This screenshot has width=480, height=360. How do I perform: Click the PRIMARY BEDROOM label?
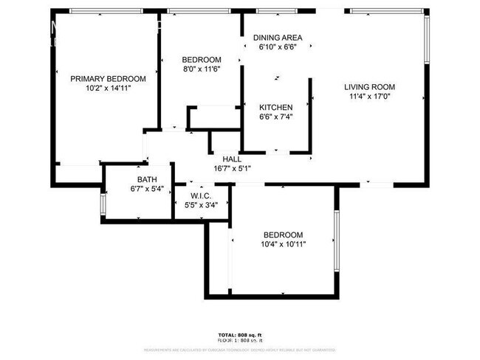[108, 78]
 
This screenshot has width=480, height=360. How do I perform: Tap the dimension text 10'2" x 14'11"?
[108, 88]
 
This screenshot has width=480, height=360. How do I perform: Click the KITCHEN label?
[276, 107]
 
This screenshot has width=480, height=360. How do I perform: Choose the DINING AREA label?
[277, 38]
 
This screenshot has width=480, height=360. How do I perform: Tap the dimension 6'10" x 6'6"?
[277, 47]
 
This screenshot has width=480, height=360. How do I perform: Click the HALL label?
[232, 158]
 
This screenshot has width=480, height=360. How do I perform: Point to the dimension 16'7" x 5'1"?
[232, 167]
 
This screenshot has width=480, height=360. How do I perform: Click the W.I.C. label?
[201, 195]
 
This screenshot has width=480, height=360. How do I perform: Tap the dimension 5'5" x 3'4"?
[201, 204]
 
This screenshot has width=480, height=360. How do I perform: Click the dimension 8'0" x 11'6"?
[202, 69]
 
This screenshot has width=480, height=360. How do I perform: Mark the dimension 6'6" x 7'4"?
[276, 117]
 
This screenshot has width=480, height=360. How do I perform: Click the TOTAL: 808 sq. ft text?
[240, 335]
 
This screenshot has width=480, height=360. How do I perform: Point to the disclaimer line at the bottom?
[240, 350]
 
